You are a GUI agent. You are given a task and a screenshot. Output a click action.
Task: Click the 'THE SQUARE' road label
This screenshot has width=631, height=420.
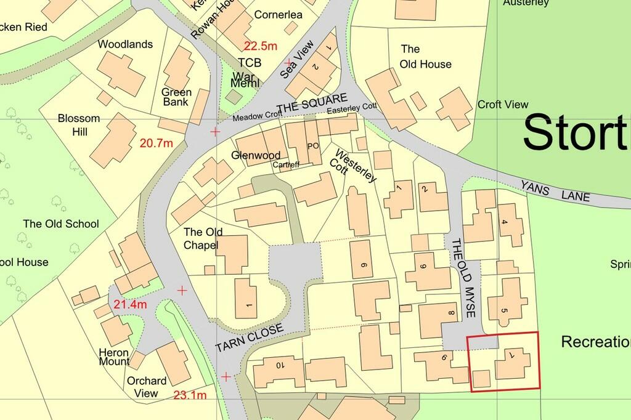(312, 103)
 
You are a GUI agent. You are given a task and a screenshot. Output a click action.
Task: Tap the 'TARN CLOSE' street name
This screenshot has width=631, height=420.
(250, 339)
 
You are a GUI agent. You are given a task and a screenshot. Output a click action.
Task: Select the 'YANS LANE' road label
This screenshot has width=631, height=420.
(555, 192)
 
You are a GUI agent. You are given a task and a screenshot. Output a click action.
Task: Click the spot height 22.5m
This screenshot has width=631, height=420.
(261, 46)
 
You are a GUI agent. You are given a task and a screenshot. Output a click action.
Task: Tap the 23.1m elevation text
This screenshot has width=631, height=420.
(190, 395)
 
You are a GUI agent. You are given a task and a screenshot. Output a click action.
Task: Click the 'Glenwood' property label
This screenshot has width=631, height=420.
(256, 155)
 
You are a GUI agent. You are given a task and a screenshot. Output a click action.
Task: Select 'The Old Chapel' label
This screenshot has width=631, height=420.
(203, 239)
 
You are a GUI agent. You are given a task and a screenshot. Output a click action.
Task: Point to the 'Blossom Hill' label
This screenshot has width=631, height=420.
(73, 125)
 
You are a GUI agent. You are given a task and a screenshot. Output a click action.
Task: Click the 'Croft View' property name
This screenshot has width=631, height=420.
(503, 105)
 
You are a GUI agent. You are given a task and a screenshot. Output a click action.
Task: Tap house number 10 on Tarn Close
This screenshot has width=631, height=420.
(279, 365)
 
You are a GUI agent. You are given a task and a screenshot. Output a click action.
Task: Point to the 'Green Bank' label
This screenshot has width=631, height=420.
(177, 97)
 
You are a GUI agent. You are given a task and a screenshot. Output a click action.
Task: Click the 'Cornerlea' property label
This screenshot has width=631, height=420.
(278, 14)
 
